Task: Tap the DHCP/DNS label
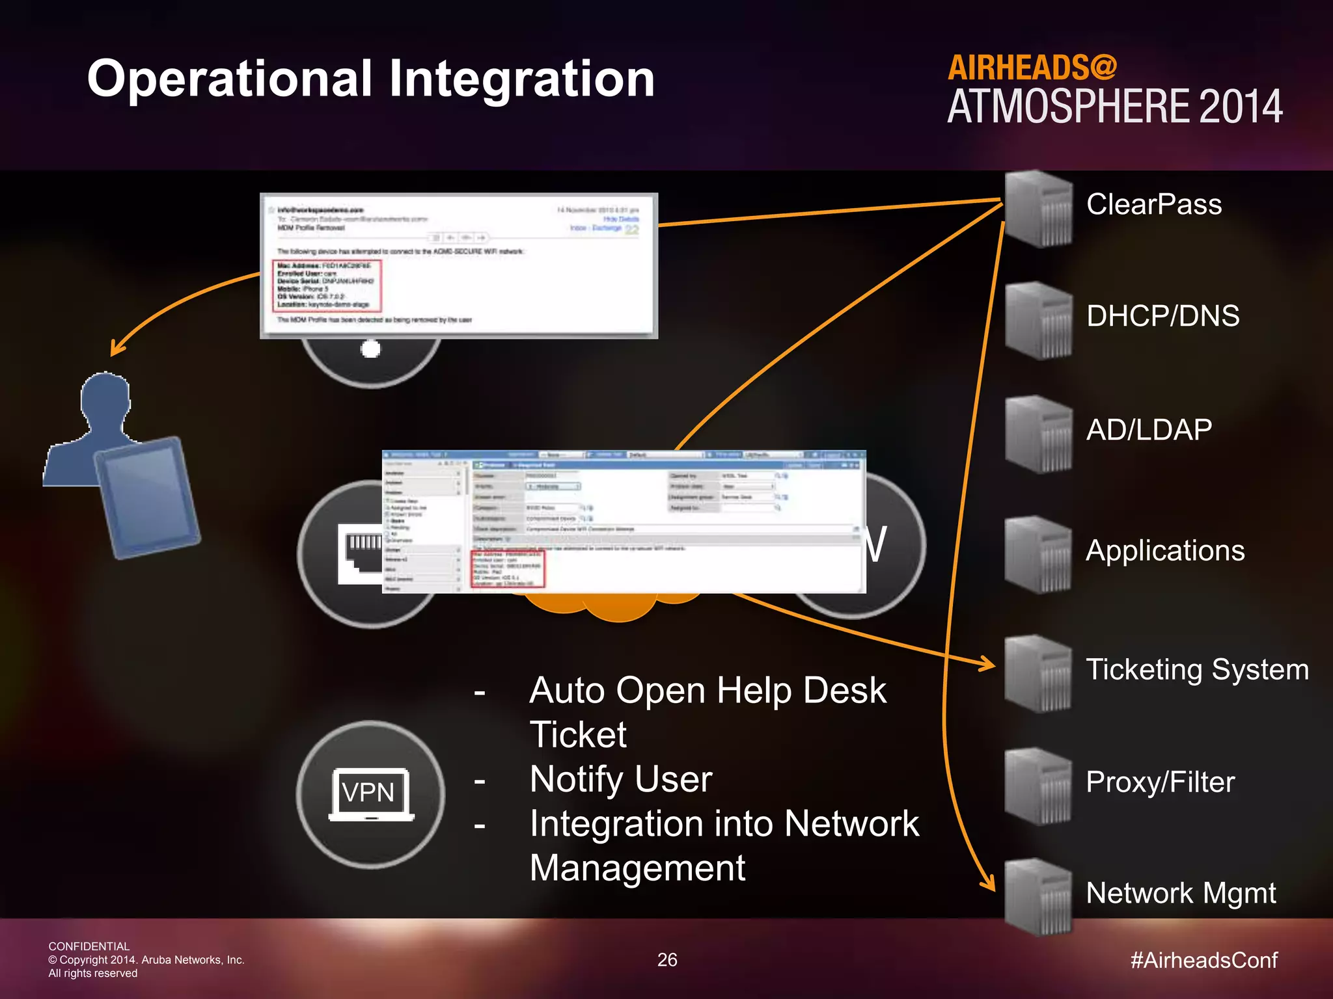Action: [x=1162, y=316]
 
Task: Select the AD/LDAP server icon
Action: [x=1039, y=434]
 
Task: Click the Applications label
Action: [x=1165, y=551]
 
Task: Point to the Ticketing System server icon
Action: [x=1039, y=674]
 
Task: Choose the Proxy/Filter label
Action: [x=1160, y=782]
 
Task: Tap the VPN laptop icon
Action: [x=371, y=794]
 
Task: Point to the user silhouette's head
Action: [x=105, y=397]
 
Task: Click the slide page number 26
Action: [x=667, y=960]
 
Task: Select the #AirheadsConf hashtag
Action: [x=1204, y=960]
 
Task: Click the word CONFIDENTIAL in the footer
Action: [x=89, y=946]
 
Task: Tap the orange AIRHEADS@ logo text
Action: [x=1032, y=68]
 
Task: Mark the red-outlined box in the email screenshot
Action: [x=327, y=286]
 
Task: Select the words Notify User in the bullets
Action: [x=621, y=779]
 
